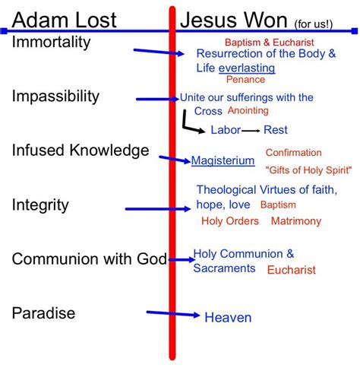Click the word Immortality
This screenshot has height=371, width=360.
click(x=51, y=43)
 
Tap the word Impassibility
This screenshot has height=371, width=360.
click(x=55, y=97)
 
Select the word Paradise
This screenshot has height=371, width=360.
click(x=43, y=313)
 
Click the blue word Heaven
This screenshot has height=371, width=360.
click(x=228, y=318)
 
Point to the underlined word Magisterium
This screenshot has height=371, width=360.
click(x=223, y=160)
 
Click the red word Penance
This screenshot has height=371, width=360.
click(x=245, y=80)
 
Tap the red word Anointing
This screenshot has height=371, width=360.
click(x=248, y=111)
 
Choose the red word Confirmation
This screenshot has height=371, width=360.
click(x=294, y=153)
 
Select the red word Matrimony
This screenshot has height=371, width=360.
click(x=296, y=221)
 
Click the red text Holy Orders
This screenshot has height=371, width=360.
click(x=230, y=221)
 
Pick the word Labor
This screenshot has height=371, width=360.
click(x=226, y=130)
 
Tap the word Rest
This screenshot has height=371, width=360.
click(x=276, y=130)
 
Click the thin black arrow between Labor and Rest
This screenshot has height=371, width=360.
click(x=251, y=131)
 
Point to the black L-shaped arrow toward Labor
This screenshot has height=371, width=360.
click(x=185, y=125)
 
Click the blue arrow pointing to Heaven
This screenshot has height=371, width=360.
click(x=173, y=314)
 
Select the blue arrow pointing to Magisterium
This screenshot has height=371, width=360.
click(x=175, y=159)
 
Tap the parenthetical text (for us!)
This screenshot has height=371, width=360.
click(x=314, y=24)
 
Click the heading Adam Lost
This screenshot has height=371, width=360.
click(x=64, y=20)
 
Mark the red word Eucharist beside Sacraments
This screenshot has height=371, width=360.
click(x=292, y=270)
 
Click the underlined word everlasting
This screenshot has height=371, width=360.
click(x=247, y=68)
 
